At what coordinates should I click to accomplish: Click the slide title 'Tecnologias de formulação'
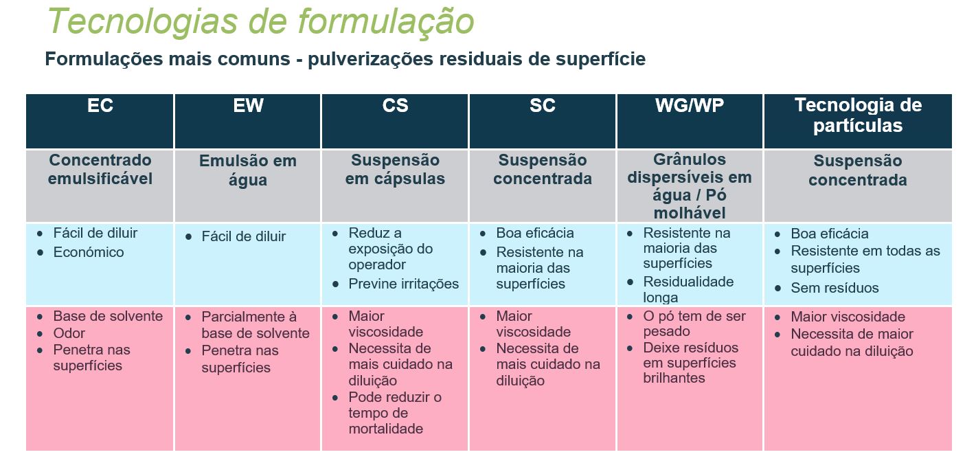[260, 22]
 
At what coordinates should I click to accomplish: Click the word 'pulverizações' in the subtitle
[370, 60]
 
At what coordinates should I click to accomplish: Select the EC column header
[100, 106]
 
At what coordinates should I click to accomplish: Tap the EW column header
[248, 106]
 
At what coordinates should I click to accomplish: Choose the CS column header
[395, 106]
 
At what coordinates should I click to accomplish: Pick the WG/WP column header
[690, 106]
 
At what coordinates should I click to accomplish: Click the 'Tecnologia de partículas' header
[858, 115]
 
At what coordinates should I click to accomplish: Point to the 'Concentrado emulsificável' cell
[100, 169]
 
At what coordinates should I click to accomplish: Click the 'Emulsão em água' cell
[248, 170]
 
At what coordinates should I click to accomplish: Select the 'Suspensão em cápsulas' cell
[395, 169]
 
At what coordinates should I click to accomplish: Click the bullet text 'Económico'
[89, 252]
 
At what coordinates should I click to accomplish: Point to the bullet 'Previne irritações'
[404, 284]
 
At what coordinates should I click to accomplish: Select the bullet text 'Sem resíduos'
[835, 288]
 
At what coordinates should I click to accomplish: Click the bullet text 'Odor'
[69, 333]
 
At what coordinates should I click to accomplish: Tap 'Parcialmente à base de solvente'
[256, 325]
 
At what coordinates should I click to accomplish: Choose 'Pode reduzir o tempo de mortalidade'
[395, 413]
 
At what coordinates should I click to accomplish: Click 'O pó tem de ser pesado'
[694, 324]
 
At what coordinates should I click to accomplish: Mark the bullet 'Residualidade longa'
[688, 289]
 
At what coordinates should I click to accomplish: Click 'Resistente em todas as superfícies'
[865, 260]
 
